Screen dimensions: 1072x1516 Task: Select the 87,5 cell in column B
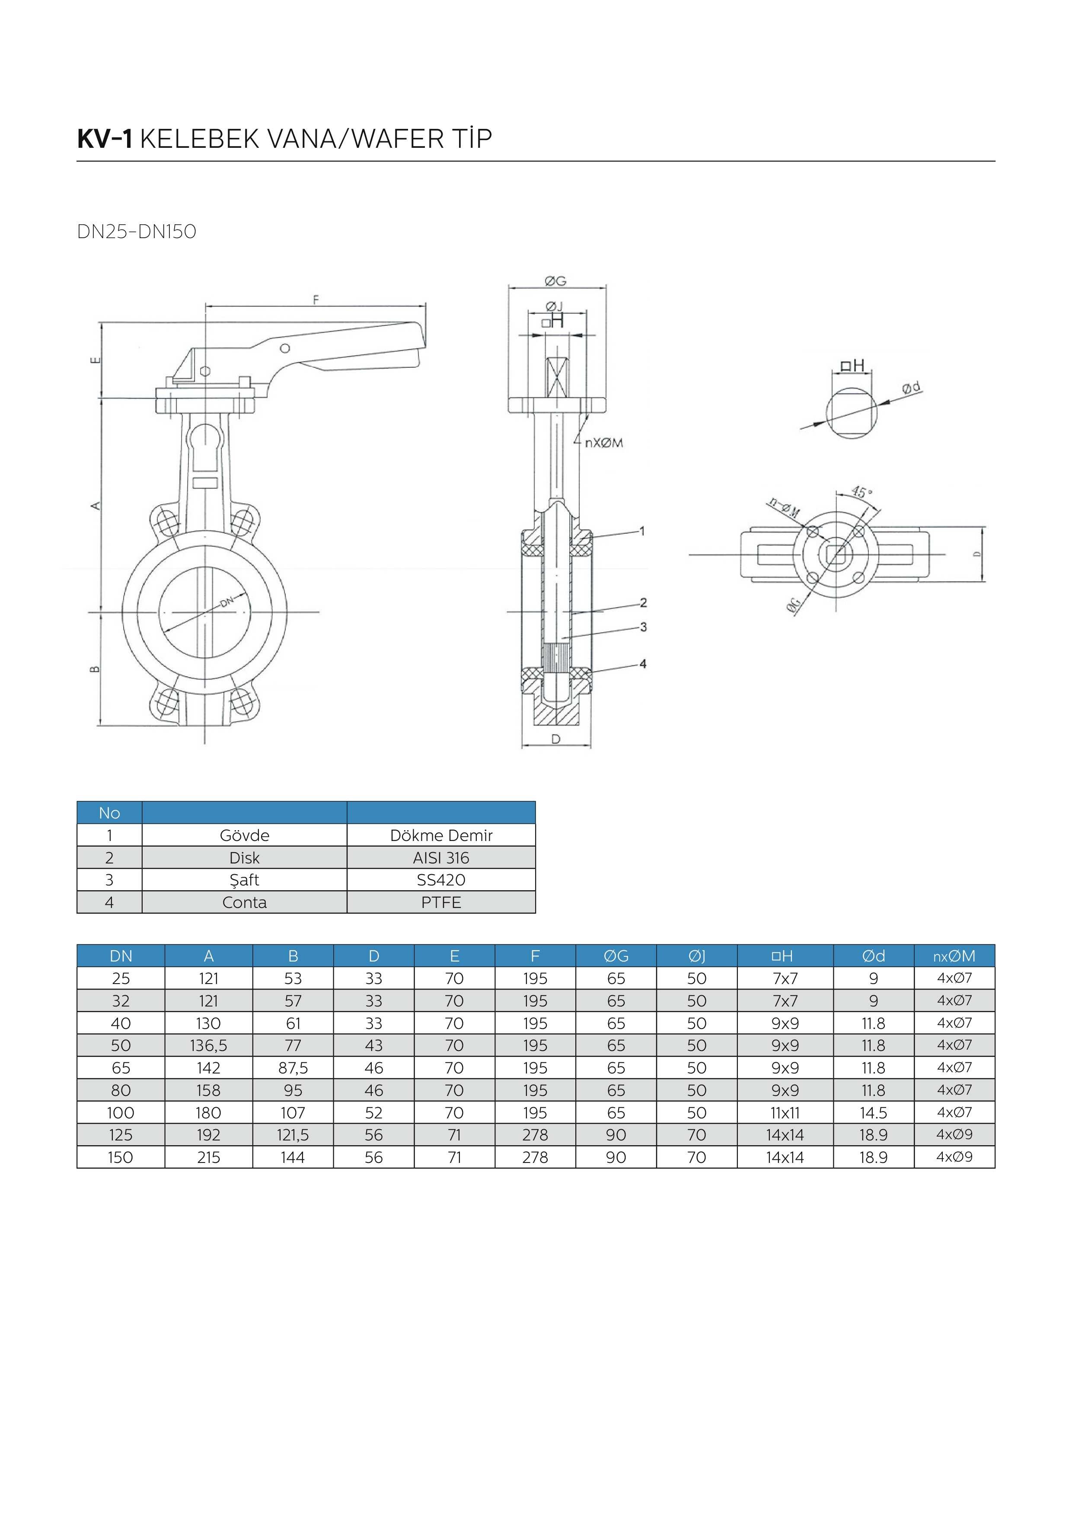coord(293,1068)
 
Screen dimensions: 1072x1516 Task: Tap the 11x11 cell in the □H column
coord(785,1112)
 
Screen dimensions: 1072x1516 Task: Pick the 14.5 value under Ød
coord(873,1112)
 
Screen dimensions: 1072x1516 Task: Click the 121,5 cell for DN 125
coord(293,1135)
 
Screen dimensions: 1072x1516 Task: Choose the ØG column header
coord(616,955)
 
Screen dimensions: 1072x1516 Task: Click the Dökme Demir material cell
coord(441,835)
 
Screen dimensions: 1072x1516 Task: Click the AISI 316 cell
coord(441,858)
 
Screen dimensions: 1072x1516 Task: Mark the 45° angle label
coord(861,492)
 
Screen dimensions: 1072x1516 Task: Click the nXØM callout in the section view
coord(604,443)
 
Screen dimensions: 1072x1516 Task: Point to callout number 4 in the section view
coord(643,664)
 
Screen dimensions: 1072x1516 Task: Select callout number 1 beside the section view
coord(642,530)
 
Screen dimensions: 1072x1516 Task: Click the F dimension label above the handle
coord(316,300)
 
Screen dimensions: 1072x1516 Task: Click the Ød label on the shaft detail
coord(912,388)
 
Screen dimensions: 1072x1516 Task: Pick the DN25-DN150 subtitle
coord(137,232)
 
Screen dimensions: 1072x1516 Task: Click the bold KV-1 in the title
coord(105,139)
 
